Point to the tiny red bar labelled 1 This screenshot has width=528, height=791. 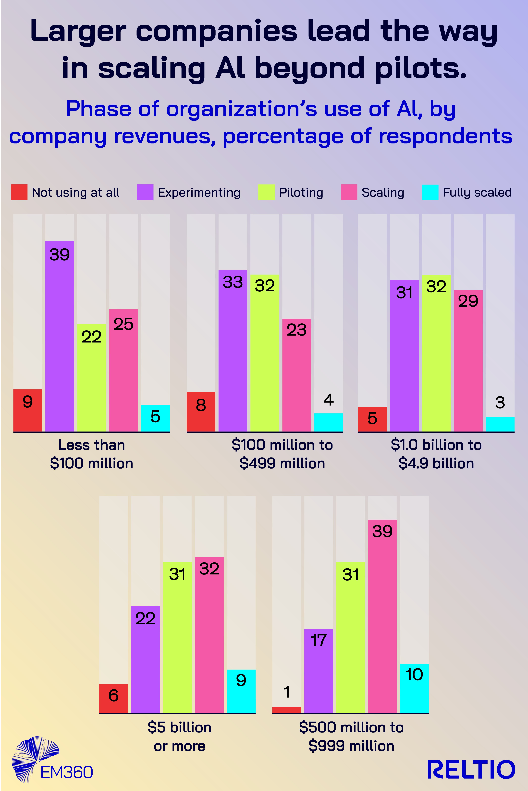coord(287,710)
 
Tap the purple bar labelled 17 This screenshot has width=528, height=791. coord(319,671)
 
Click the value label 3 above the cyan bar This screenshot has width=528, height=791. coord(500,403)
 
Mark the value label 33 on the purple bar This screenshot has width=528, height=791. coord(233,282)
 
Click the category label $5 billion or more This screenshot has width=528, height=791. coord(179,736)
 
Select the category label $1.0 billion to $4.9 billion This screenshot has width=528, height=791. coord(436,454)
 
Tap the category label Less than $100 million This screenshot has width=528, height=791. coord(92,454)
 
